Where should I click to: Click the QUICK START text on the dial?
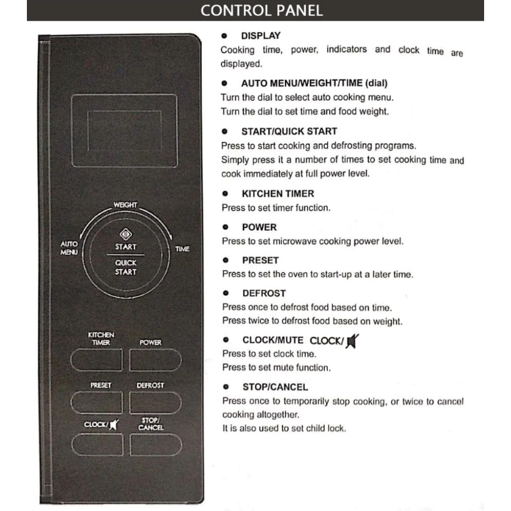click(x=126, y=267)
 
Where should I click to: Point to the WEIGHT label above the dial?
click(x=126, y=205)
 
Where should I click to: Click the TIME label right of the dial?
click(x=182, y=248)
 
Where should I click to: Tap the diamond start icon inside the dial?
click(x=126, y=234)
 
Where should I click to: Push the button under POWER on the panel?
click(x=156, y=361)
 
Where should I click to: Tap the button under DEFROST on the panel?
click(x=156, y=402)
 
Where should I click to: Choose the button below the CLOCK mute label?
click(x=97, y=444)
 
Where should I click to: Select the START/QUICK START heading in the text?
click(x=289, y=131)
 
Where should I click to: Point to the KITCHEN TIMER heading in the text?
click(x=277, y=193)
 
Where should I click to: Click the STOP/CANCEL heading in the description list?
click(x=275, y=387)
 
